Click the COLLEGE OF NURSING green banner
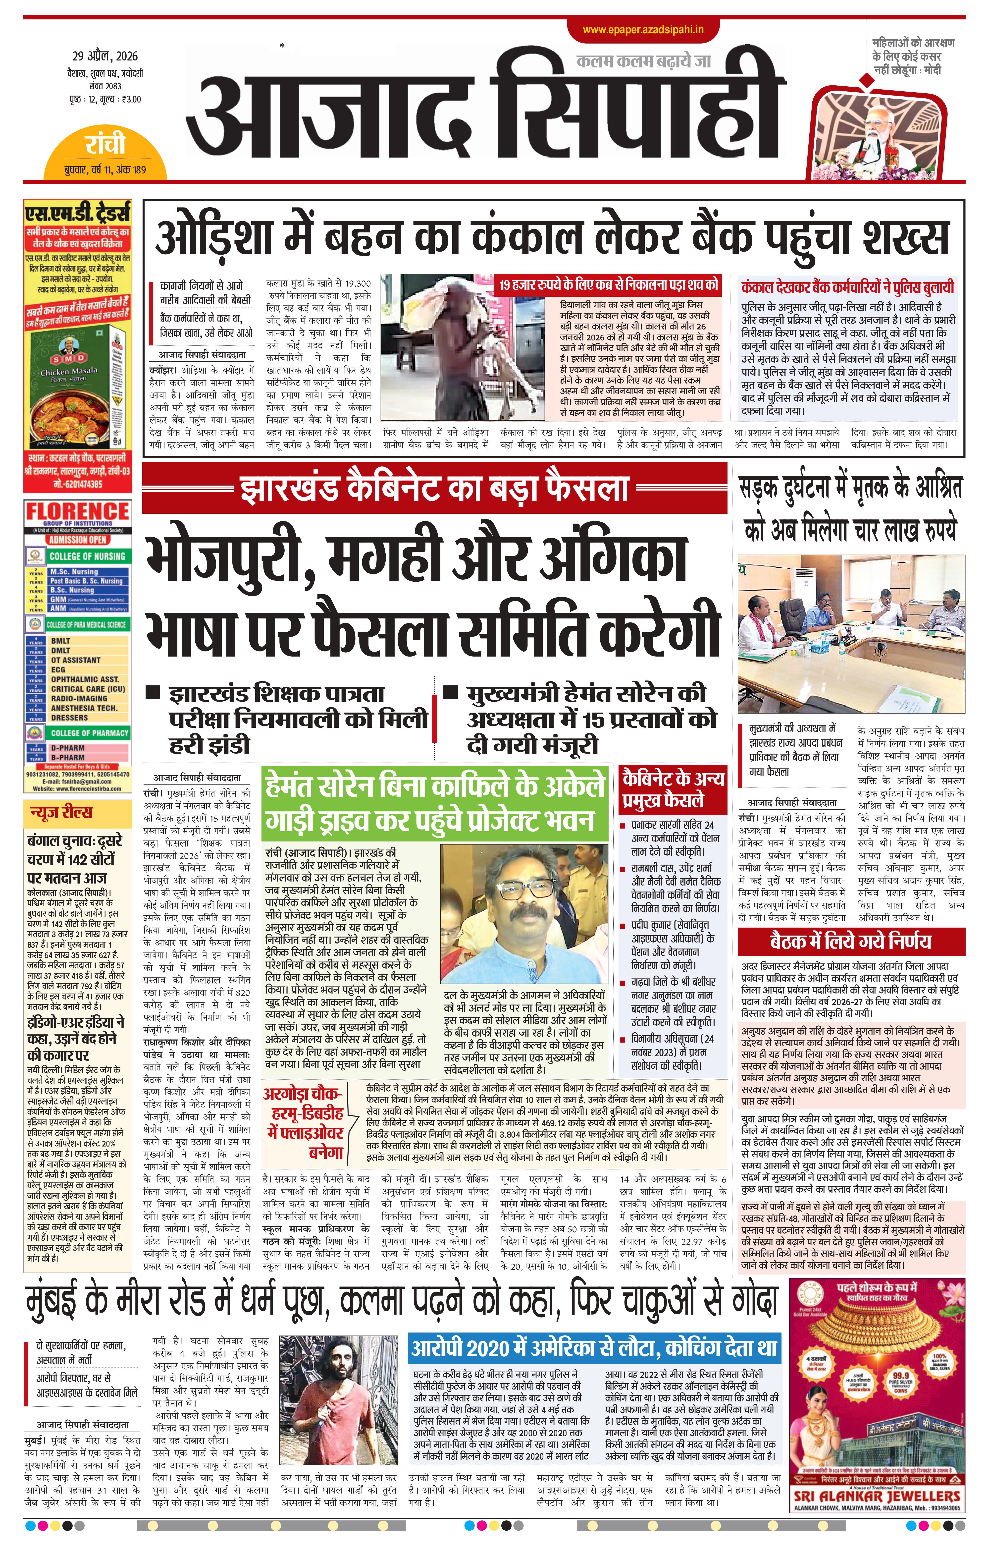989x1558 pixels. [87, 556]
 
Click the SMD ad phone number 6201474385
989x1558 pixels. [78, 483]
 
